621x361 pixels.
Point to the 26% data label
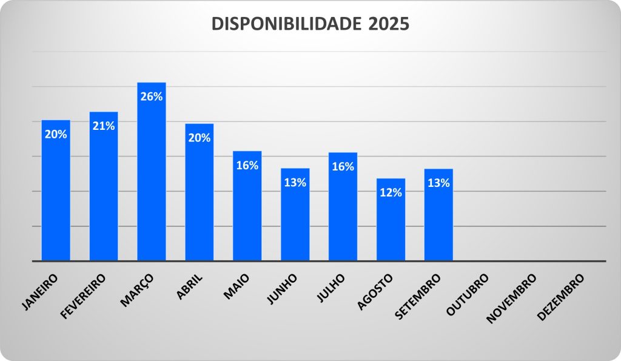(151, 96)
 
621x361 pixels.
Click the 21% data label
(104, 126)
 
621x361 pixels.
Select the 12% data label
(391, 193)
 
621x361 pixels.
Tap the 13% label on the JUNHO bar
(295, 183)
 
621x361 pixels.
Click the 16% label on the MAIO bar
(247, 165)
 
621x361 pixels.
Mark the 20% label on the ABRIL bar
(199, 138)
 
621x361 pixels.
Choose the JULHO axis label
(331, 288)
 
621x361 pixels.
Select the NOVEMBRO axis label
(512, 297)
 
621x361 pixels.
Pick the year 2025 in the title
(389, 24)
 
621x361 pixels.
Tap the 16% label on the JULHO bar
(343, 167)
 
